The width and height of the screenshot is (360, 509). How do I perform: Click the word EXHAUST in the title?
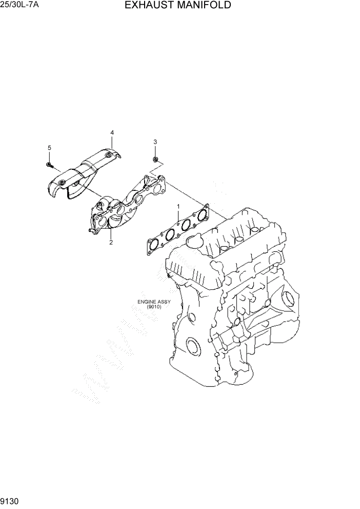pos(149,6)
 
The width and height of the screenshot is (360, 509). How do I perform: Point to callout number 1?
pos(178,207)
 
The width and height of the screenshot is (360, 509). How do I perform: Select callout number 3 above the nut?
pos(155,142)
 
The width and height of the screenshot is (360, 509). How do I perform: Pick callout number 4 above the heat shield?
pos(112,133)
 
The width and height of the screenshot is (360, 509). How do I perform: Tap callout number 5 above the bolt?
pos(50,148)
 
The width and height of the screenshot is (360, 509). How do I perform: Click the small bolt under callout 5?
pos(50,165)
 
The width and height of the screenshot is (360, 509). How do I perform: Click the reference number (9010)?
pos(153,307)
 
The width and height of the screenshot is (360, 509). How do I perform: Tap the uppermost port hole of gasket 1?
pos(203,212)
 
